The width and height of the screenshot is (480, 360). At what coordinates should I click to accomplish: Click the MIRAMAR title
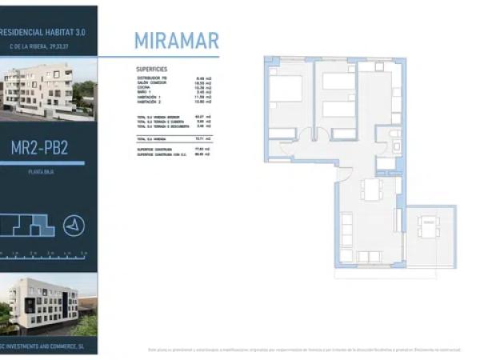coord(176,41)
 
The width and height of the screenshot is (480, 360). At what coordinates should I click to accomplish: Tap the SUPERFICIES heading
coord(152,69)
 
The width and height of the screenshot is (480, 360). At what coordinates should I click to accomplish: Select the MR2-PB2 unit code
coord(49,149)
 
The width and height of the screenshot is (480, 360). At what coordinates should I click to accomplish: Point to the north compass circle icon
coord(74,226)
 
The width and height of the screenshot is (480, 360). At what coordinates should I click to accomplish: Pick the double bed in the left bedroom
coord(286,89)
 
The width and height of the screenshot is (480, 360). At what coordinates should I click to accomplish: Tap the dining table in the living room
coord(372,190)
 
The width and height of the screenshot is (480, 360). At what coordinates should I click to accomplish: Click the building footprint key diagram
coord(28,226)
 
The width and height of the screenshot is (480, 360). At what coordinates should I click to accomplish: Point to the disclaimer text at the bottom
coord(304,349)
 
